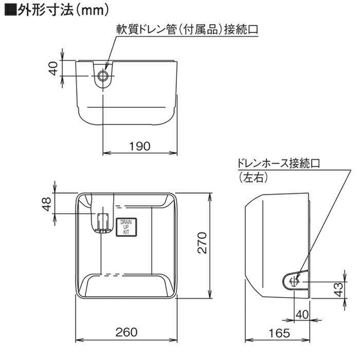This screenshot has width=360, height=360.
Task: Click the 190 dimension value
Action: (x=139, y=146)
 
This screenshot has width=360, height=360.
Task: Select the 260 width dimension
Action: (x=127, y=332)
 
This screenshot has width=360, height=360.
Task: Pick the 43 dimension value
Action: (x=338, y=289)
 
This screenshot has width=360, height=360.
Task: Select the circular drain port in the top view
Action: (x=103, y=77)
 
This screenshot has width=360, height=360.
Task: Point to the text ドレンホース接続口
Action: (x=278, y=164)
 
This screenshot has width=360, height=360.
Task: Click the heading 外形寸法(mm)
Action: (x=62, y=9)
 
